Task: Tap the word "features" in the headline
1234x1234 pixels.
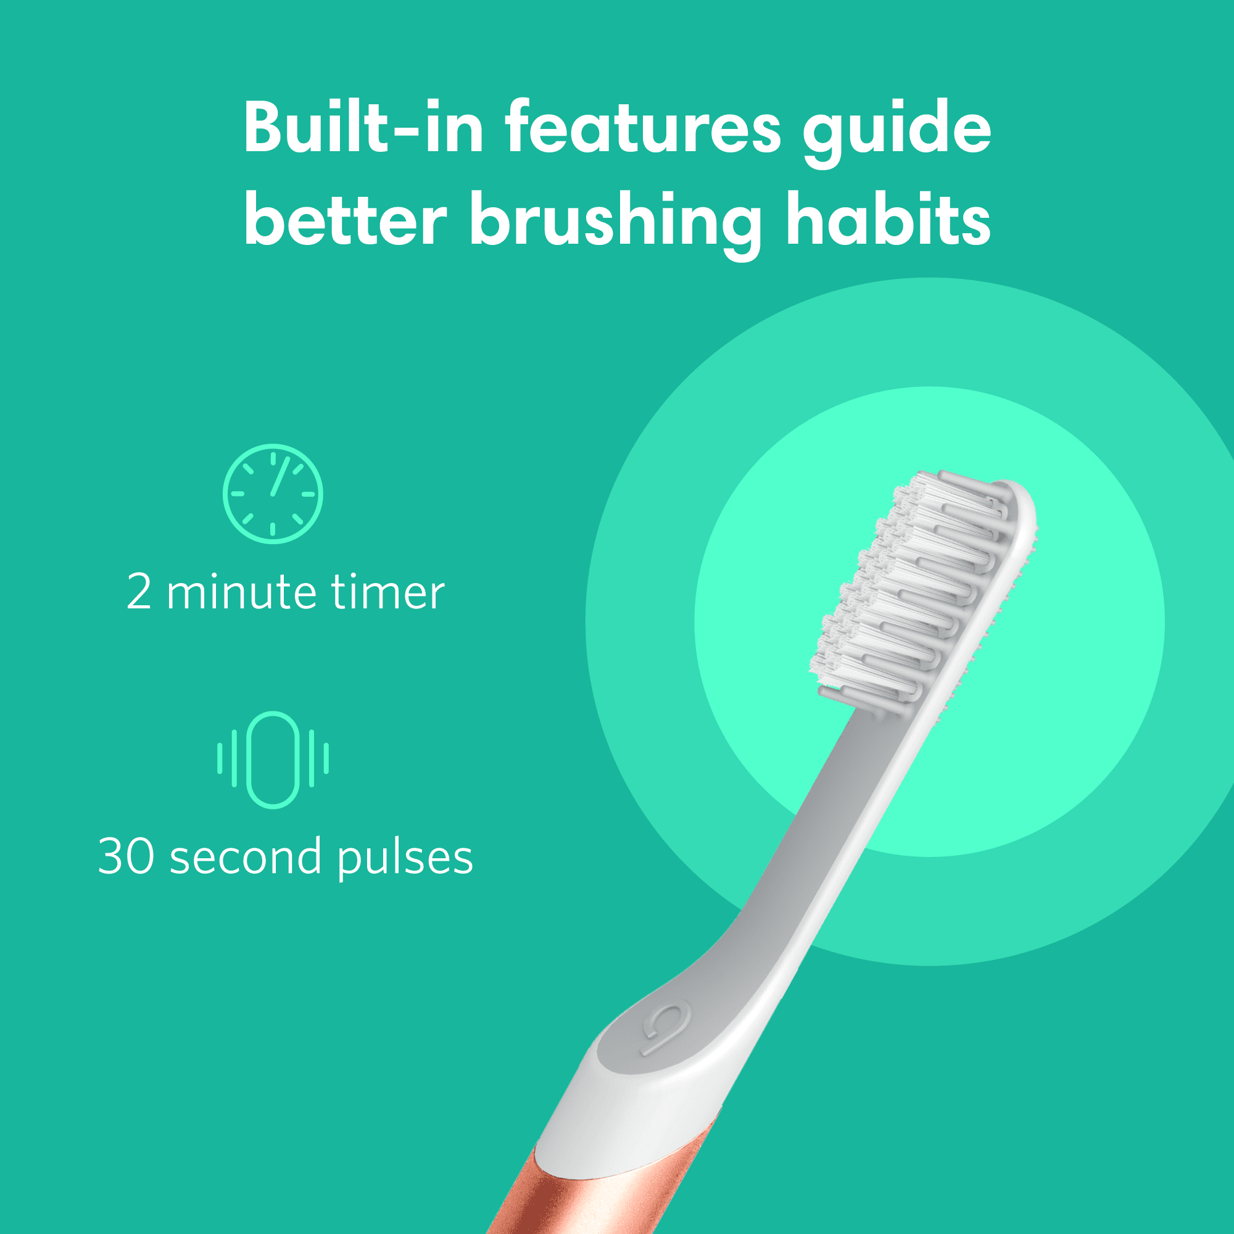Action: (642, 128)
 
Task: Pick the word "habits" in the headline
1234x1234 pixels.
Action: (888, 220)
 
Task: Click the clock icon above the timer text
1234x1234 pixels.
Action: (273, 494)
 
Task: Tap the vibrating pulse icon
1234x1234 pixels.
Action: (273, 759)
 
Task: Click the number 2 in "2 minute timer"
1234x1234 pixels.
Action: (139, 592)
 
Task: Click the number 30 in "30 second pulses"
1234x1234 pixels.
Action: (126, 856)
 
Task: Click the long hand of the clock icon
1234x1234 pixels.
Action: (280, 477)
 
